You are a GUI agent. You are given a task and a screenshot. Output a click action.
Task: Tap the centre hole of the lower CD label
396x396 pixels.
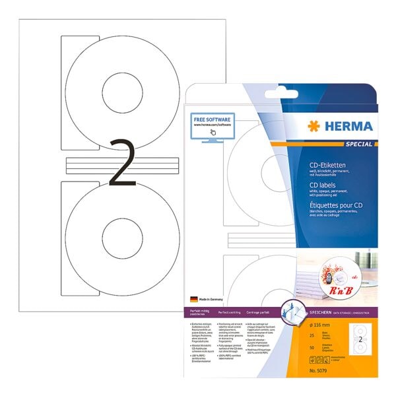[119, 238]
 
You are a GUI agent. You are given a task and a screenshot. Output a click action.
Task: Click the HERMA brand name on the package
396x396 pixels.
[349, 125]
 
